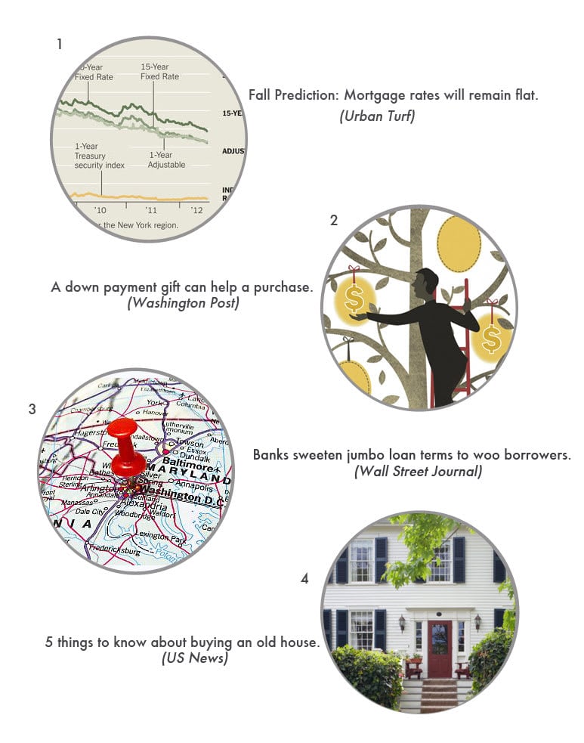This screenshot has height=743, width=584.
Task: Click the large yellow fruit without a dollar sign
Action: (459, 243)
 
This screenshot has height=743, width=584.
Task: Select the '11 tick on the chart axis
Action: (151, 209)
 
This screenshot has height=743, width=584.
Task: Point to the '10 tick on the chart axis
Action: (100, 209)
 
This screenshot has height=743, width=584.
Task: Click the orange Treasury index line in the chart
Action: (136, 197)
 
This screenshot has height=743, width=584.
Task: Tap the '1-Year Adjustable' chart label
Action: (166, 159)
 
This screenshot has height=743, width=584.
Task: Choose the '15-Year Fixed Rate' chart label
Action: (159, 72)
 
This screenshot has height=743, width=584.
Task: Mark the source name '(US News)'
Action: (195, 658)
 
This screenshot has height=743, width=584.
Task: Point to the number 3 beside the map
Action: (32, 410)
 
